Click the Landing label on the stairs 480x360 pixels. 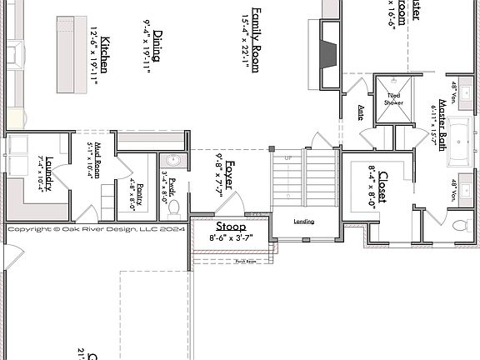coord(305,221)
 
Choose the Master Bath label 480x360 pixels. coord(442,125)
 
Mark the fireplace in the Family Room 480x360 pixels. coord(330,54)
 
